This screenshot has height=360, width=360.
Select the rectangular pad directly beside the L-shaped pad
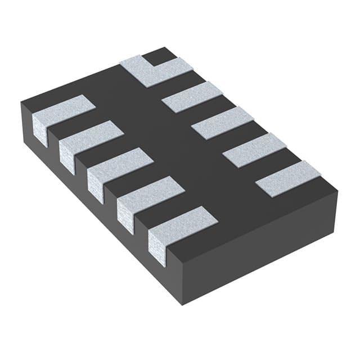pos(192,97)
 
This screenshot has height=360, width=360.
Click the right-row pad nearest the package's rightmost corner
pos(288,178)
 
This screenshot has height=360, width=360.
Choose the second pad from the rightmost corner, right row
pos(255,150)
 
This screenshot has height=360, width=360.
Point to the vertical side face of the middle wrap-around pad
pos(95,186)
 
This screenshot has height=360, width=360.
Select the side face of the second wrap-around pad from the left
pos(66,157)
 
